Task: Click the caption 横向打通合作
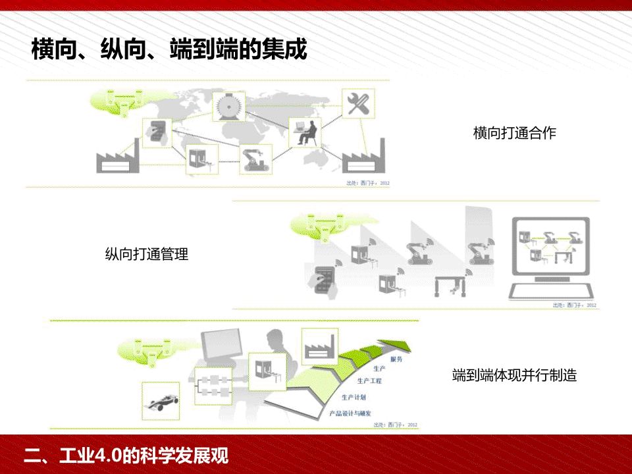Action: [514, 133]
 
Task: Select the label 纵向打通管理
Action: [146, 254]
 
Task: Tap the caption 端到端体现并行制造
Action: [514, 376]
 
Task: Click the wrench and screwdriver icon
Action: [358, 104]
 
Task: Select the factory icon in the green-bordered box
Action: [319, 344]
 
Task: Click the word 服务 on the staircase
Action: [396, 359]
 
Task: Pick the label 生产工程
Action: [369, 381]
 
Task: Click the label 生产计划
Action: [354, 397]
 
